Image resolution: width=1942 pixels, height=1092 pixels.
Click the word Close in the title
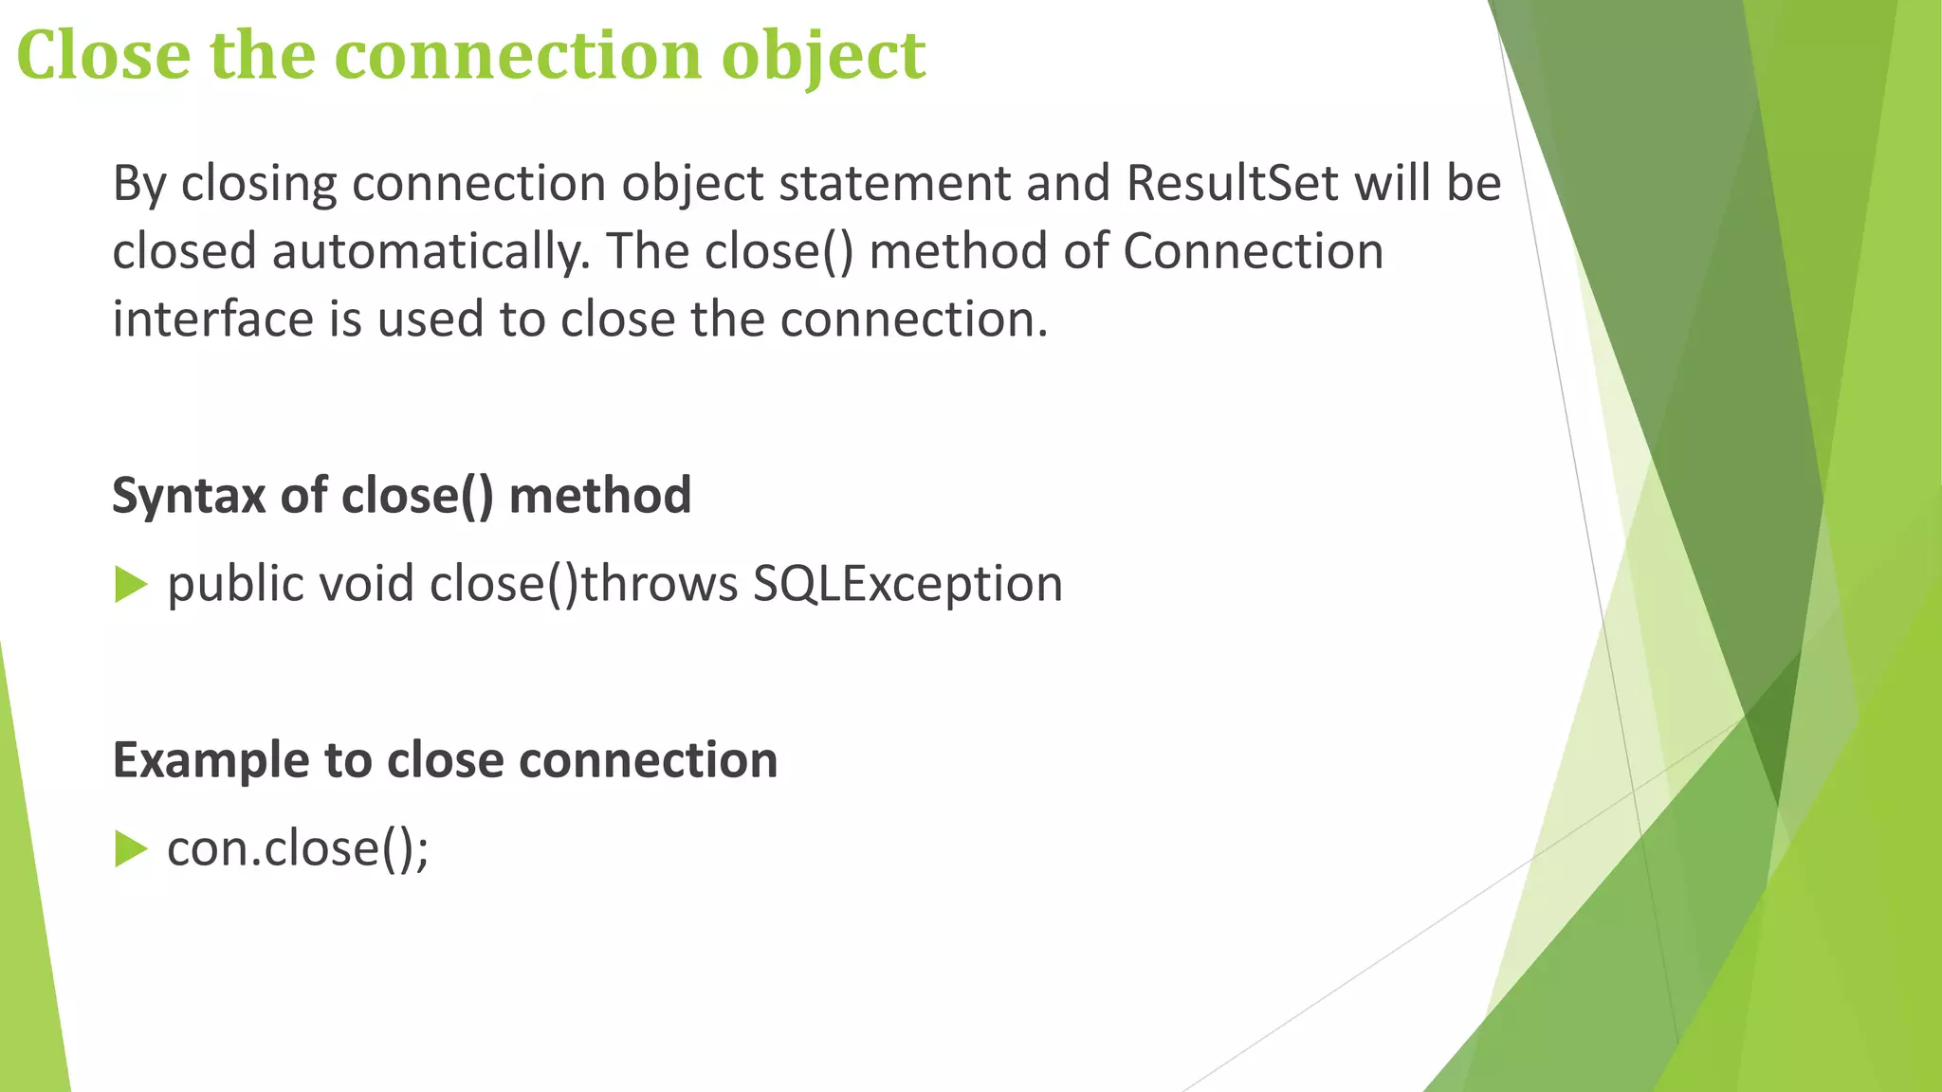[x=103, y=55]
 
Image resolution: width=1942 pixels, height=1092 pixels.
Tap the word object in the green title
[x=823, y=55]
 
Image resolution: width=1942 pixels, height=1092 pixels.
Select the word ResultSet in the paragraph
[x=1232, y=183]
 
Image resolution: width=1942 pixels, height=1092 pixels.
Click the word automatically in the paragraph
[x=431, y=252]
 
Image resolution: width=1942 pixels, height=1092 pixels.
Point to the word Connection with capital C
[x=1253, y=252]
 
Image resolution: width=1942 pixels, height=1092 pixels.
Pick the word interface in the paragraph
[x=212, y=319]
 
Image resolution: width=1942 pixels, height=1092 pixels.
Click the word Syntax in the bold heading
[x=188, y=496]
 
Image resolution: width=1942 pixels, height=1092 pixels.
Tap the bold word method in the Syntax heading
[x=599, y=496]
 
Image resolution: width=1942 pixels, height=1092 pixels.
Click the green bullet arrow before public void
[x=131, y=585]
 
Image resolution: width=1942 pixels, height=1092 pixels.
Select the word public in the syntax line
[x=235, y=584]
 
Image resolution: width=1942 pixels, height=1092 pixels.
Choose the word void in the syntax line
[x=366, y=584]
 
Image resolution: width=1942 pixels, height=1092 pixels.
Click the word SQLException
[x=907, y=584]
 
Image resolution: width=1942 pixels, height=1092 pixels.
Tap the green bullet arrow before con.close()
[x=131, y=849]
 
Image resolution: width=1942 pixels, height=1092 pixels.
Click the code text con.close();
[x=298, y=848]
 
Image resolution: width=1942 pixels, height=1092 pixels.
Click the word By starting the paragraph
[x=139, y=183]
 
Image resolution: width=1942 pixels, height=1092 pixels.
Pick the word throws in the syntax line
[x=659, y=584]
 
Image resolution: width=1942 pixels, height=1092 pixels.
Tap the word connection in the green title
[x=518, y=55]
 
